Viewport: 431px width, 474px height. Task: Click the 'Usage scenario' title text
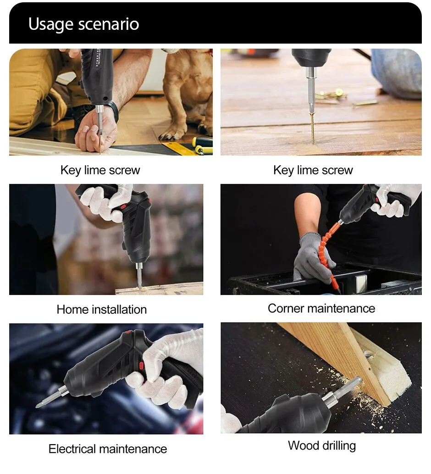83,24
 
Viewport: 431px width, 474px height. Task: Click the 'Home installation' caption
101,309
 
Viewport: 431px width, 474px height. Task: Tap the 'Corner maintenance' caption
321,308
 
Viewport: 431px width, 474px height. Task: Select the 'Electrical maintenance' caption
108,448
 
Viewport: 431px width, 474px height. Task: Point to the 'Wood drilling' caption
321,445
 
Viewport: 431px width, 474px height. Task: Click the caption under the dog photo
100,170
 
